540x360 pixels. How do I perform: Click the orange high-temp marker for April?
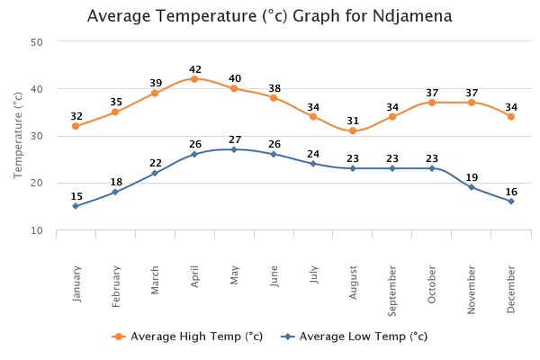(x=194, y=79)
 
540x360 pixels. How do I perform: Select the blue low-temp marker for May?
(x=234, y=149)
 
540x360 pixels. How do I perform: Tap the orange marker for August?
(x=353, y=131)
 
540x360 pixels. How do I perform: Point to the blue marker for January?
(x=76, y=206)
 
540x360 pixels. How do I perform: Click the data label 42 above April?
(x=195, y=69)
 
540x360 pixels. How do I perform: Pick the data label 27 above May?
(x=235, y=139)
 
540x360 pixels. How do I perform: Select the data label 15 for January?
(x=76, y=196)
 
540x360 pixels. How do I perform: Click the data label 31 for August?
(x=354, y=121)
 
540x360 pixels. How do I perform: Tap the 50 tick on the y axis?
(x=36, y=42)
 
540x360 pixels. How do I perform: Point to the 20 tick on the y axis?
(x=36, y=184)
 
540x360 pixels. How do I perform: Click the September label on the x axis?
(x=393, y=289)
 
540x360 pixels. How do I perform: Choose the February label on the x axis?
(x=116, y=286)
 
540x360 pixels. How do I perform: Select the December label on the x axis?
(x=512, y=287)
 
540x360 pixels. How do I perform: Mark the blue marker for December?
(x=511, y=201)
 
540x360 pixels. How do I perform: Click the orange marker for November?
(x=472, y=103)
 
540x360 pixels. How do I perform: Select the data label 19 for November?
(x=472, y=177)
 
